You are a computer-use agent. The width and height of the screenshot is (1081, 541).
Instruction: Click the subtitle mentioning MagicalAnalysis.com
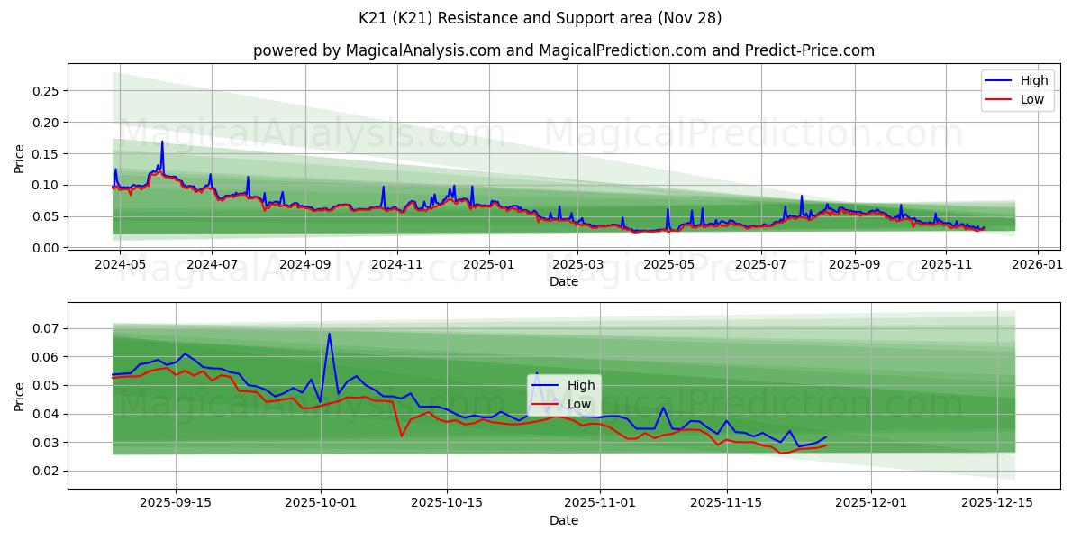pyautogui.click(x=563, y=50)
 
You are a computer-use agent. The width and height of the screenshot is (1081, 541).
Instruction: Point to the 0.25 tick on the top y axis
pyautogui.click(x=45, y=91)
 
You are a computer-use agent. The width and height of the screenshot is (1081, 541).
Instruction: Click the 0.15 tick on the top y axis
pyautogui.click(x=45, y=154)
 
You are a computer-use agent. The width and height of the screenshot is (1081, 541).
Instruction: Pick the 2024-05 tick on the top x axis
pyautogui.click(x=120, y=264)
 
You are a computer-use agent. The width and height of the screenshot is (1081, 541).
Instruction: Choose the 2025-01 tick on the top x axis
pyautogui.click(x=489, y=264)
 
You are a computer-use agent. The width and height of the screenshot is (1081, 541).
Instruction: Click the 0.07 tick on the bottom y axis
pyautogui.click(x=45, y=328)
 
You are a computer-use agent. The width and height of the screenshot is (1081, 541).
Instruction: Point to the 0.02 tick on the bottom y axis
pyautogui.click(x=45, y=471)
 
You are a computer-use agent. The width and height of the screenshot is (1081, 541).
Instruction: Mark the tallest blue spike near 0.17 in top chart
pyautogui.click(x=162, y=142)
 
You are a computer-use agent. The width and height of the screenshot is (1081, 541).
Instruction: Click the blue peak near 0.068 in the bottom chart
pyautogui.click(x=329, y=334)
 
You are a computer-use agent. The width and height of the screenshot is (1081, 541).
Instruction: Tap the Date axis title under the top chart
pyautogui.click(x=563, y=281)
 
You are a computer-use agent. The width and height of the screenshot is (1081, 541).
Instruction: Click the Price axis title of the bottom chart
pyautogui.click(x=20, y=395)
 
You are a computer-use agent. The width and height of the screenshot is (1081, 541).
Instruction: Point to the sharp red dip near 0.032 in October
pyautogui.click(x=402, y=436)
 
